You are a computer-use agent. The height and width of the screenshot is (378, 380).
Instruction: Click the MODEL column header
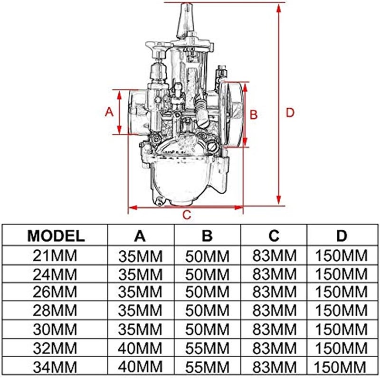tap(56, 236)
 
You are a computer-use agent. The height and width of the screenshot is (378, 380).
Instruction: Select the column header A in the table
tap(141, 236)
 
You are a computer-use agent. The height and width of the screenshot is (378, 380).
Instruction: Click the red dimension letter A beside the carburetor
tap(108, 112)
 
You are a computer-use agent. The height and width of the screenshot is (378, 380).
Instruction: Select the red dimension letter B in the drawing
tap(254, 114)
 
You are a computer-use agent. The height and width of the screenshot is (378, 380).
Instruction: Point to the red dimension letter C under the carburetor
tap(187, 215)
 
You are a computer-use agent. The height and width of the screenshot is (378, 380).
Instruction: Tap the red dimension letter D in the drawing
tap(290, 113)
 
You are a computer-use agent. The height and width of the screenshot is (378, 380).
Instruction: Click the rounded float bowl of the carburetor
tap(183, 180)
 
